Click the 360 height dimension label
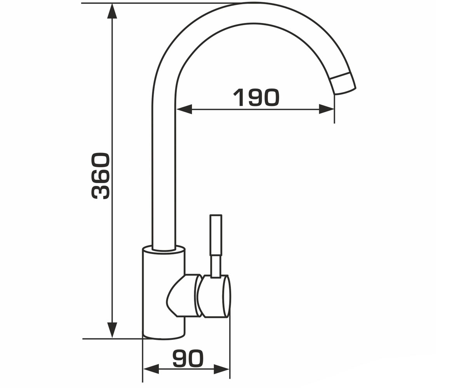click(x=101, y=176)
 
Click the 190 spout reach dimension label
click(x=256, y=97)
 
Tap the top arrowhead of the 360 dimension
click(x=112, y=11)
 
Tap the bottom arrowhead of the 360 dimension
click(x=112, y=330)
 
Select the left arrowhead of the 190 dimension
click(x=184, y=109)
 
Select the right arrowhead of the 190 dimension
click(x=327, y=109)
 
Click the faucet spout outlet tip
click(x=343, y=84)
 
